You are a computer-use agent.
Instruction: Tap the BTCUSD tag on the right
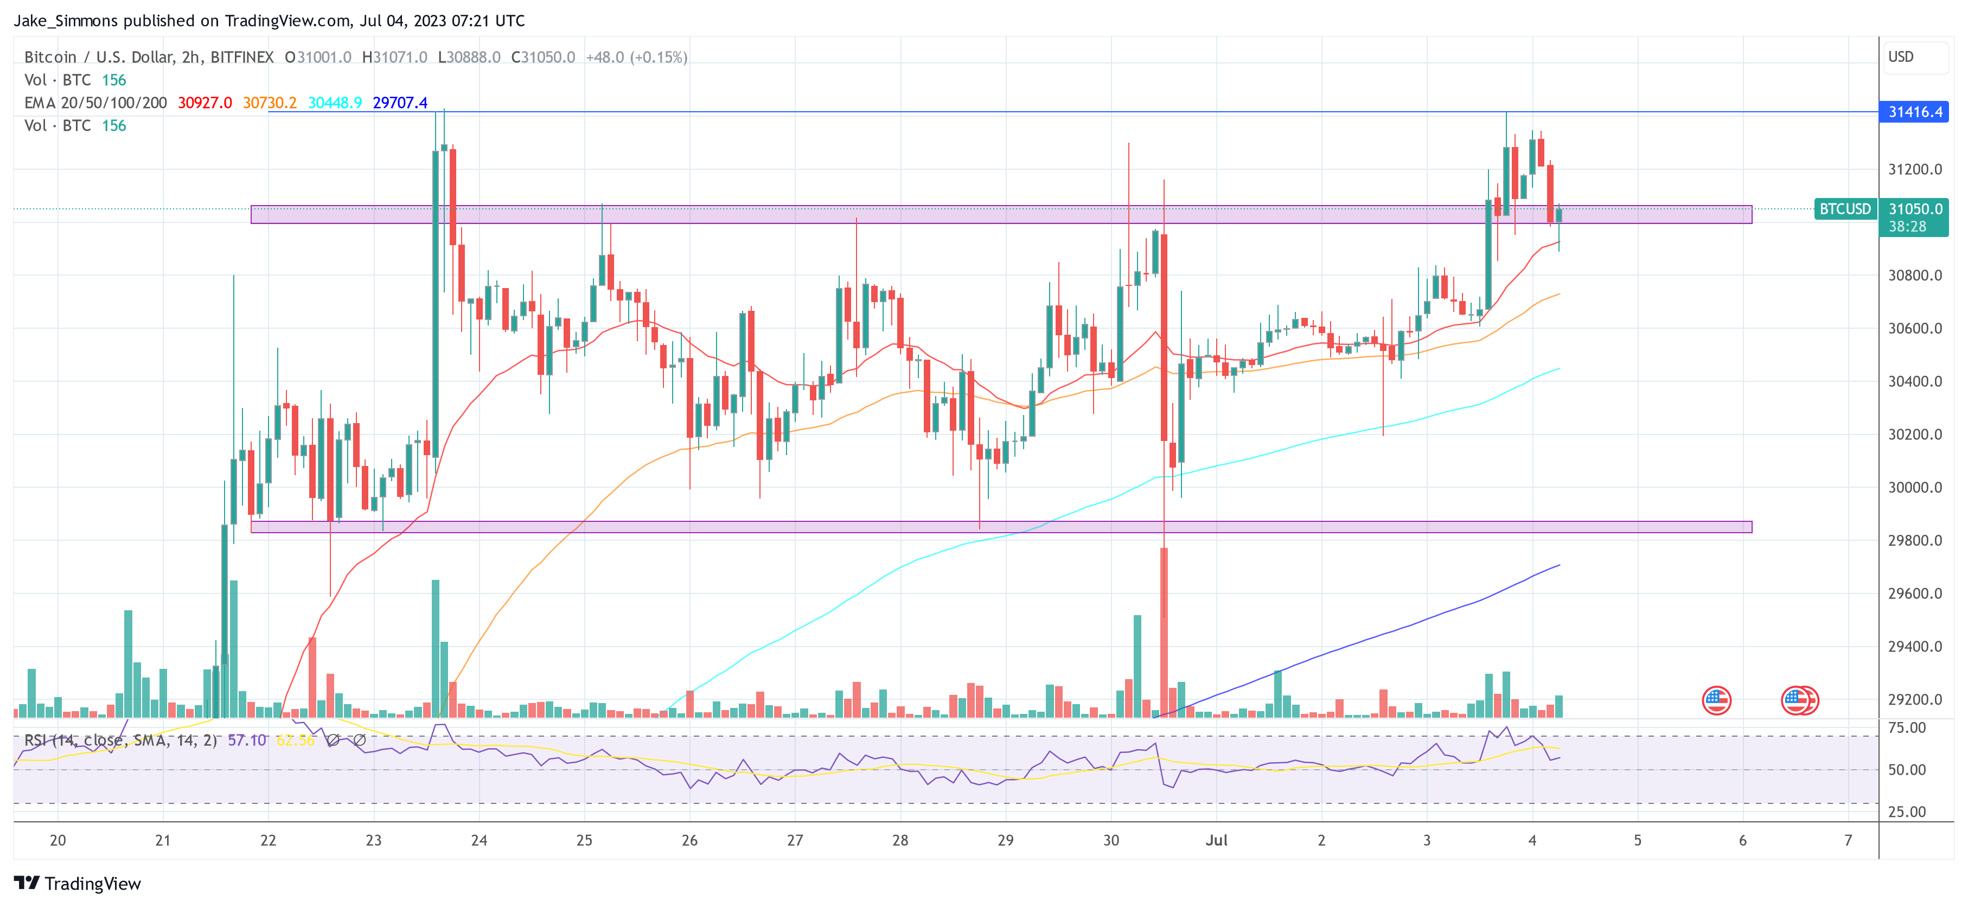pos(1844,209)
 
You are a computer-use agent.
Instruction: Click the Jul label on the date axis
pos(1216,840)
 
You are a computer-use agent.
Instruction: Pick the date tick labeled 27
pos(795,840)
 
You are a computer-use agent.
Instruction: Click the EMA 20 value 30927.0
pos(205,103)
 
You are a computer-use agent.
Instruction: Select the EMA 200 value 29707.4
pos(400,103)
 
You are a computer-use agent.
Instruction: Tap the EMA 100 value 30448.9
pos(335,103)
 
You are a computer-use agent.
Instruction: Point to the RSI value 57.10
pos(247,740)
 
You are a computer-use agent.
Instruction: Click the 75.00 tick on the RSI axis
pos(1906,727)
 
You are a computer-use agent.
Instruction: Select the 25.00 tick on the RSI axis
pos(1906,812)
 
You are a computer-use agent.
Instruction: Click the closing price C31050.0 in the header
pos(542,58)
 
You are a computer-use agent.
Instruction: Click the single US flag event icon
pos(1717,700)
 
